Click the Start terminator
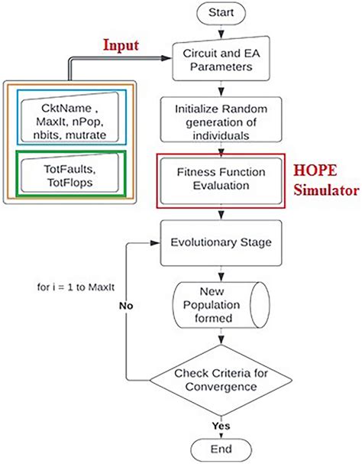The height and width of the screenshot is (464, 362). click(221, 13)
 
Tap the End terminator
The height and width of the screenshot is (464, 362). click(221, 449)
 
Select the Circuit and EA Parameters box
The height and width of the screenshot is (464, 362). click(221, 59)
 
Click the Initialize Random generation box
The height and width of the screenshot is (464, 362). click(221, 119)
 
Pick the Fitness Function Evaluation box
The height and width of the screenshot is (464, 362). click(221, 181)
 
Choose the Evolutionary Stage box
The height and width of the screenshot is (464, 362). click(221, 242)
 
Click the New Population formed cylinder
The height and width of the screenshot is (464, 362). click(221, 305)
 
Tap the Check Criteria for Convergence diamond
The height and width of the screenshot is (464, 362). click(221, 380)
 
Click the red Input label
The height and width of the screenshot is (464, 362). click(121, 46)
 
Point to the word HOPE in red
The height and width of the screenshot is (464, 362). click(315, 170)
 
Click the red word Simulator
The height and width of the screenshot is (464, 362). click(327, 190)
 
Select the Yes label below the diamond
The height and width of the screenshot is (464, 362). click(221, 426)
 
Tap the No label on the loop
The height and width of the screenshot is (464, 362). click(126, 306)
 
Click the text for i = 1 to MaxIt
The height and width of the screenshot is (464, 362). click(76, 287)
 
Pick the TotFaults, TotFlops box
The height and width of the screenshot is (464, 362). click(70, 173)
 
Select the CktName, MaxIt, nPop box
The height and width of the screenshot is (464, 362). click(70, 117)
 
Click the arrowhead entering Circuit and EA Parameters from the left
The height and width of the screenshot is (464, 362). click(166, 58)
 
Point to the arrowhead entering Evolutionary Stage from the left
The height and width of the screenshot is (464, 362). click(155, 243)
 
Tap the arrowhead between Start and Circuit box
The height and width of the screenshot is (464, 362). click(221, 34)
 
